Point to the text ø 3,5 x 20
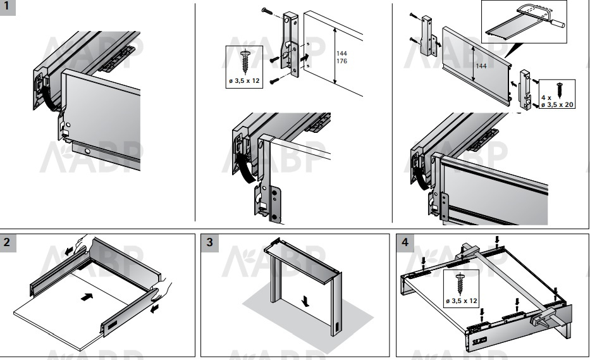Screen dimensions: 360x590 (x=556, y=104)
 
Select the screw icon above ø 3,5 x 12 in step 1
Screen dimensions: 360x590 (x=244, y=63)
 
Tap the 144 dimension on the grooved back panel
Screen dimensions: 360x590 (x=481, y=66)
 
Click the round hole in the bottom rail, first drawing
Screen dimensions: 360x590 (x=88, y=152)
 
